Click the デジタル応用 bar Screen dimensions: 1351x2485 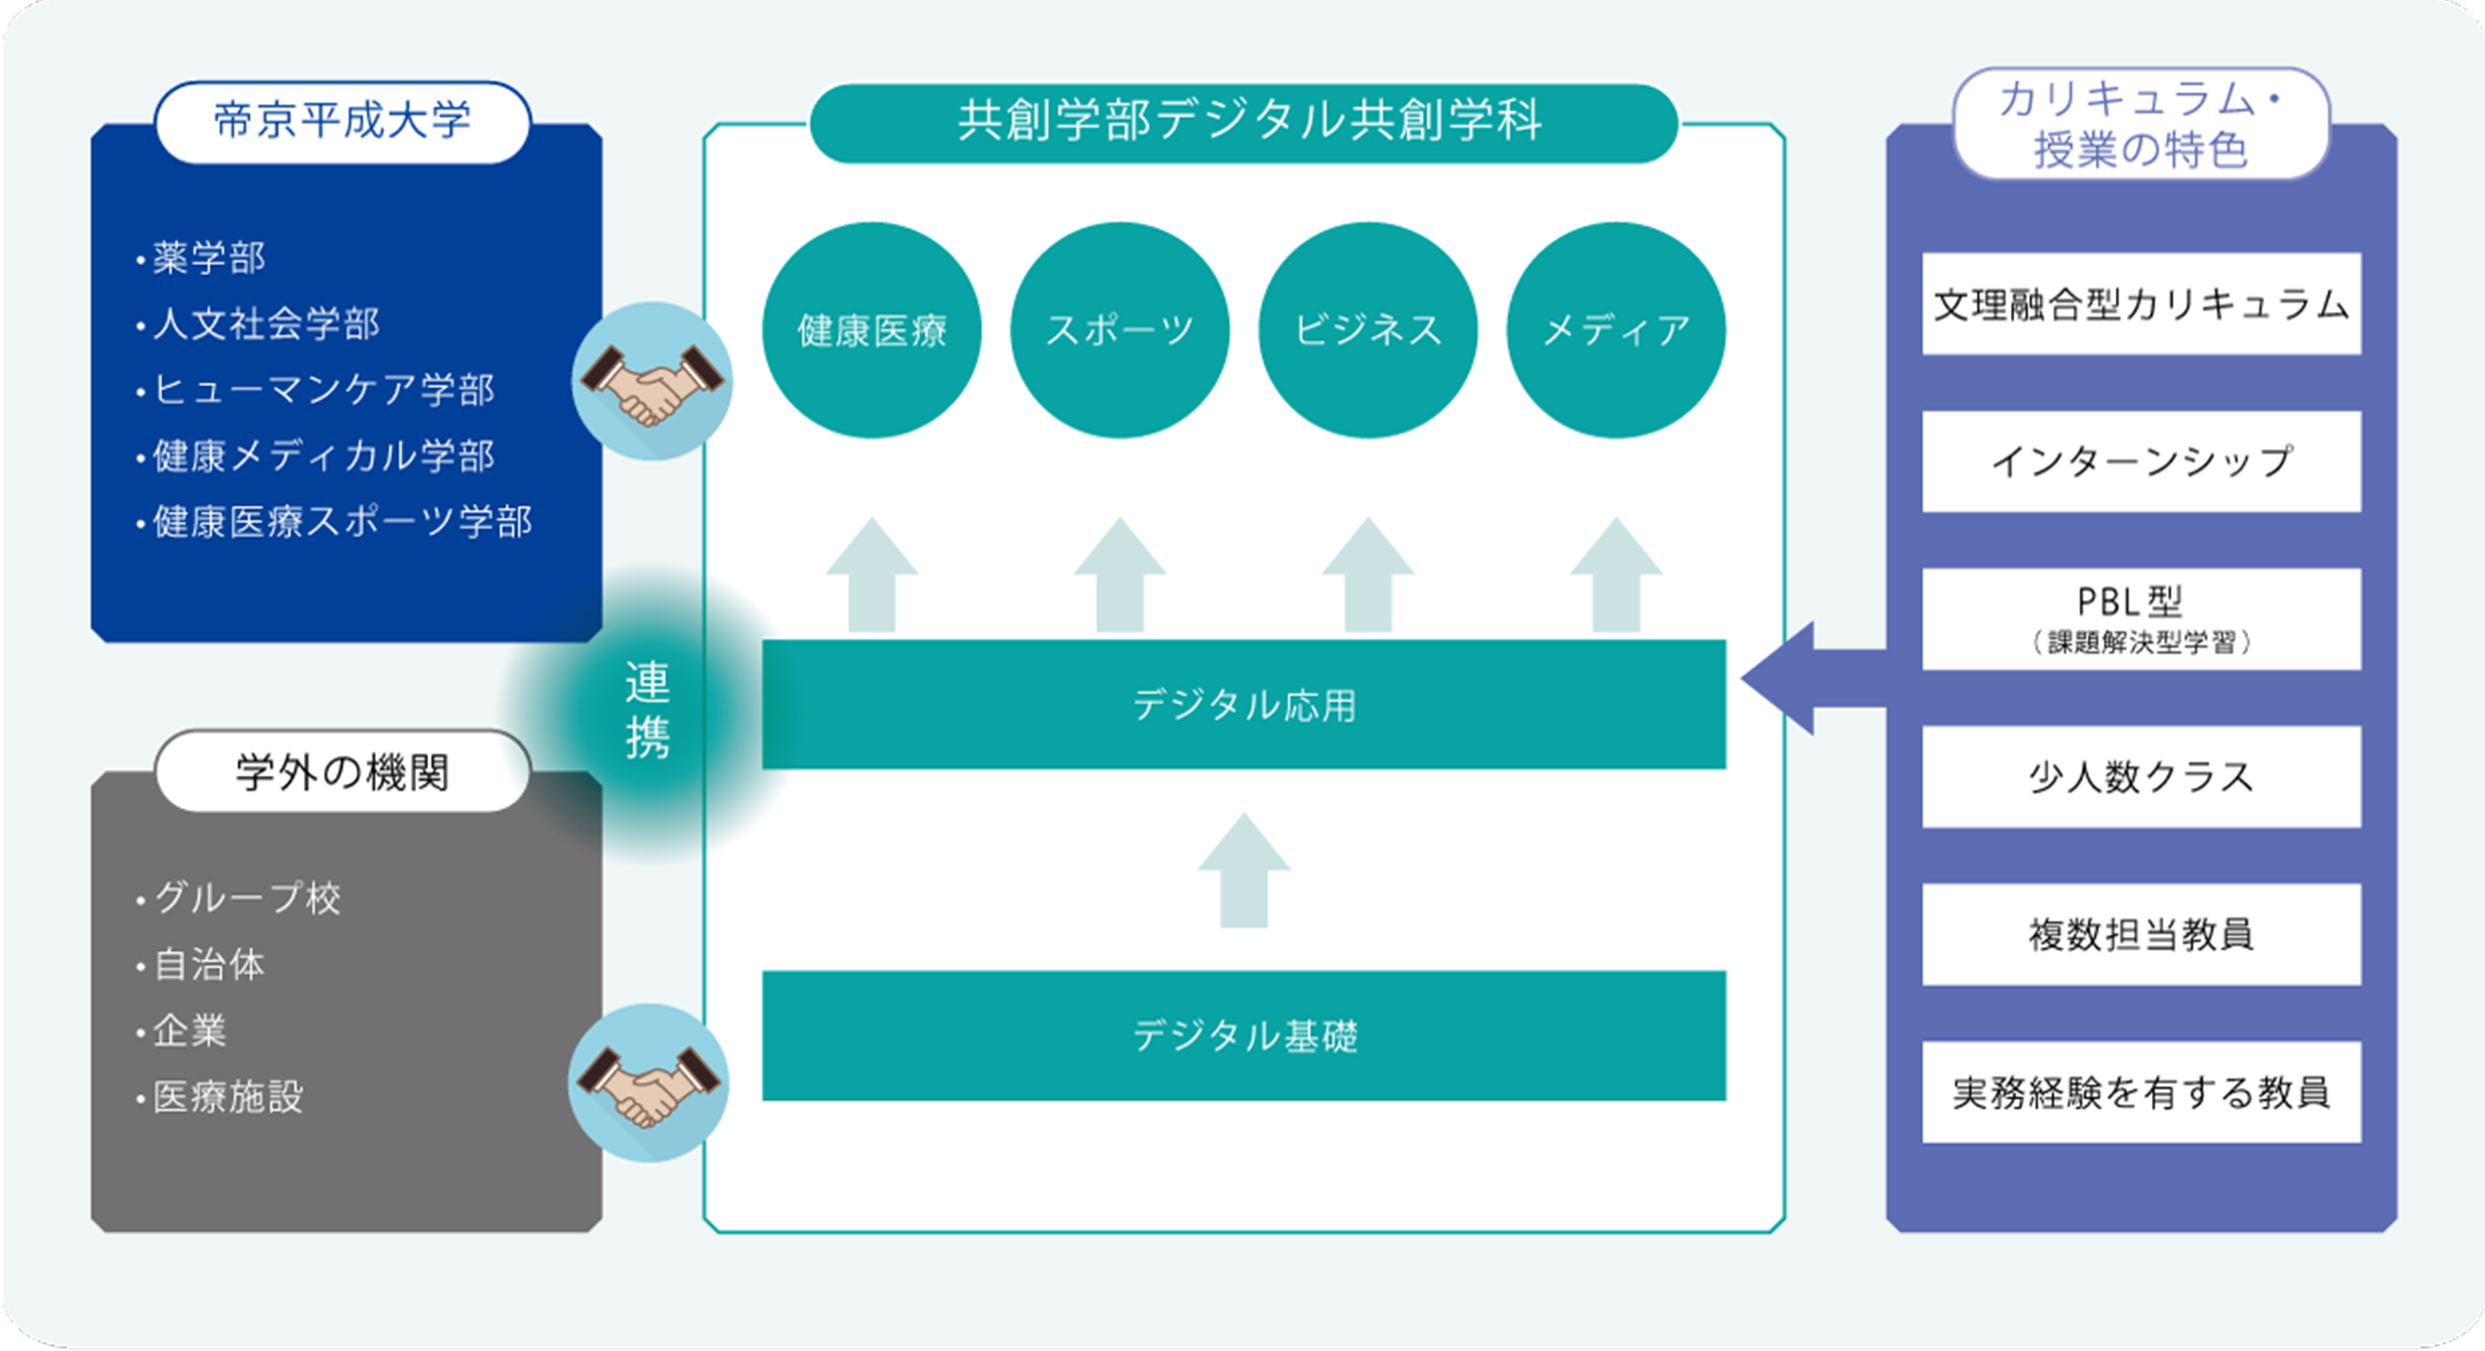1243,704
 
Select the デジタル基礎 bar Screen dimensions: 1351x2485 1243,1036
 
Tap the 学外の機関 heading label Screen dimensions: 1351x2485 342,772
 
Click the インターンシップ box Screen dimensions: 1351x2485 2140,461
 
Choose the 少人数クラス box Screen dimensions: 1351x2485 2140,777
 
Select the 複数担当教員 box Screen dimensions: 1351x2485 2140,934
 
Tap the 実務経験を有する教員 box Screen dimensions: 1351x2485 2140,1092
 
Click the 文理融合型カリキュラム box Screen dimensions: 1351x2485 2140,304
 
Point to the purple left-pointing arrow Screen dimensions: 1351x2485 1804,678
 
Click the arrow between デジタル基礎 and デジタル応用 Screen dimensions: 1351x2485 1243,872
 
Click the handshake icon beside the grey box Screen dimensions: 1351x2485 648,1083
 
